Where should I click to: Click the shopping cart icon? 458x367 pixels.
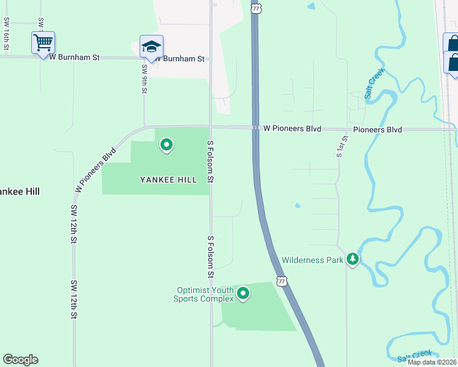43,43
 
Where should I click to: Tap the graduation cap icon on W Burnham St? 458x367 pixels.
151,46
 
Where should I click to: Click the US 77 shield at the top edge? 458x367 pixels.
257,7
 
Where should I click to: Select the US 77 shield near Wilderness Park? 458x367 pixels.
281,281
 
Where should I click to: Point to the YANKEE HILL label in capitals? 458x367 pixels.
168,180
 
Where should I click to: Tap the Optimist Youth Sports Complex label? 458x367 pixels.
205,294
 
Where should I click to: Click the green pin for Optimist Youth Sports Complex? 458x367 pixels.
243,294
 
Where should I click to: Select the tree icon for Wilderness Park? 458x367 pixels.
352,259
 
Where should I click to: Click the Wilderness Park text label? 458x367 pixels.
312,260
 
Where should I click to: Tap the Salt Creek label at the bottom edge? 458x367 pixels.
415,355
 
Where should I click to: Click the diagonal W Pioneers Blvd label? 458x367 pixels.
96,170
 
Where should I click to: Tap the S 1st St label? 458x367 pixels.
339,146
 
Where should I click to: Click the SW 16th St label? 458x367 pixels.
6,34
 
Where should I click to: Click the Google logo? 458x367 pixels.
20,360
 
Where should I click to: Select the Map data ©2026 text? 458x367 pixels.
432,362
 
